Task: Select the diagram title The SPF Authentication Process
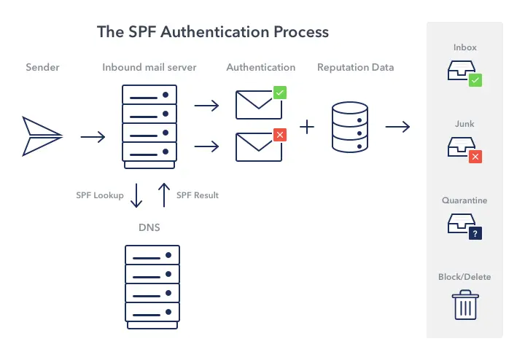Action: (213, 32)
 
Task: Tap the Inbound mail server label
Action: (149, 68)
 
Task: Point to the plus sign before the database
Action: (308, 127)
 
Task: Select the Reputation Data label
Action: (355, 68)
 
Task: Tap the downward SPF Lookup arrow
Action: (136, 195)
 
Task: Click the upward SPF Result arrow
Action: (164, 195)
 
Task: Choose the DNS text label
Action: (149, 228)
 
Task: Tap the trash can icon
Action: (464, 305)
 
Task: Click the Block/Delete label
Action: (464, 277)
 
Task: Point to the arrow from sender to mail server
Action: (93, 136)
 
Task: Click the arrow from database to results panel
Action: (397, 127)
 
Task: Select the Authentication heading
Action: (261, 68)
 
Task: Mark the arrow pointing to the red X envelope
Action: (207, 146)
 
